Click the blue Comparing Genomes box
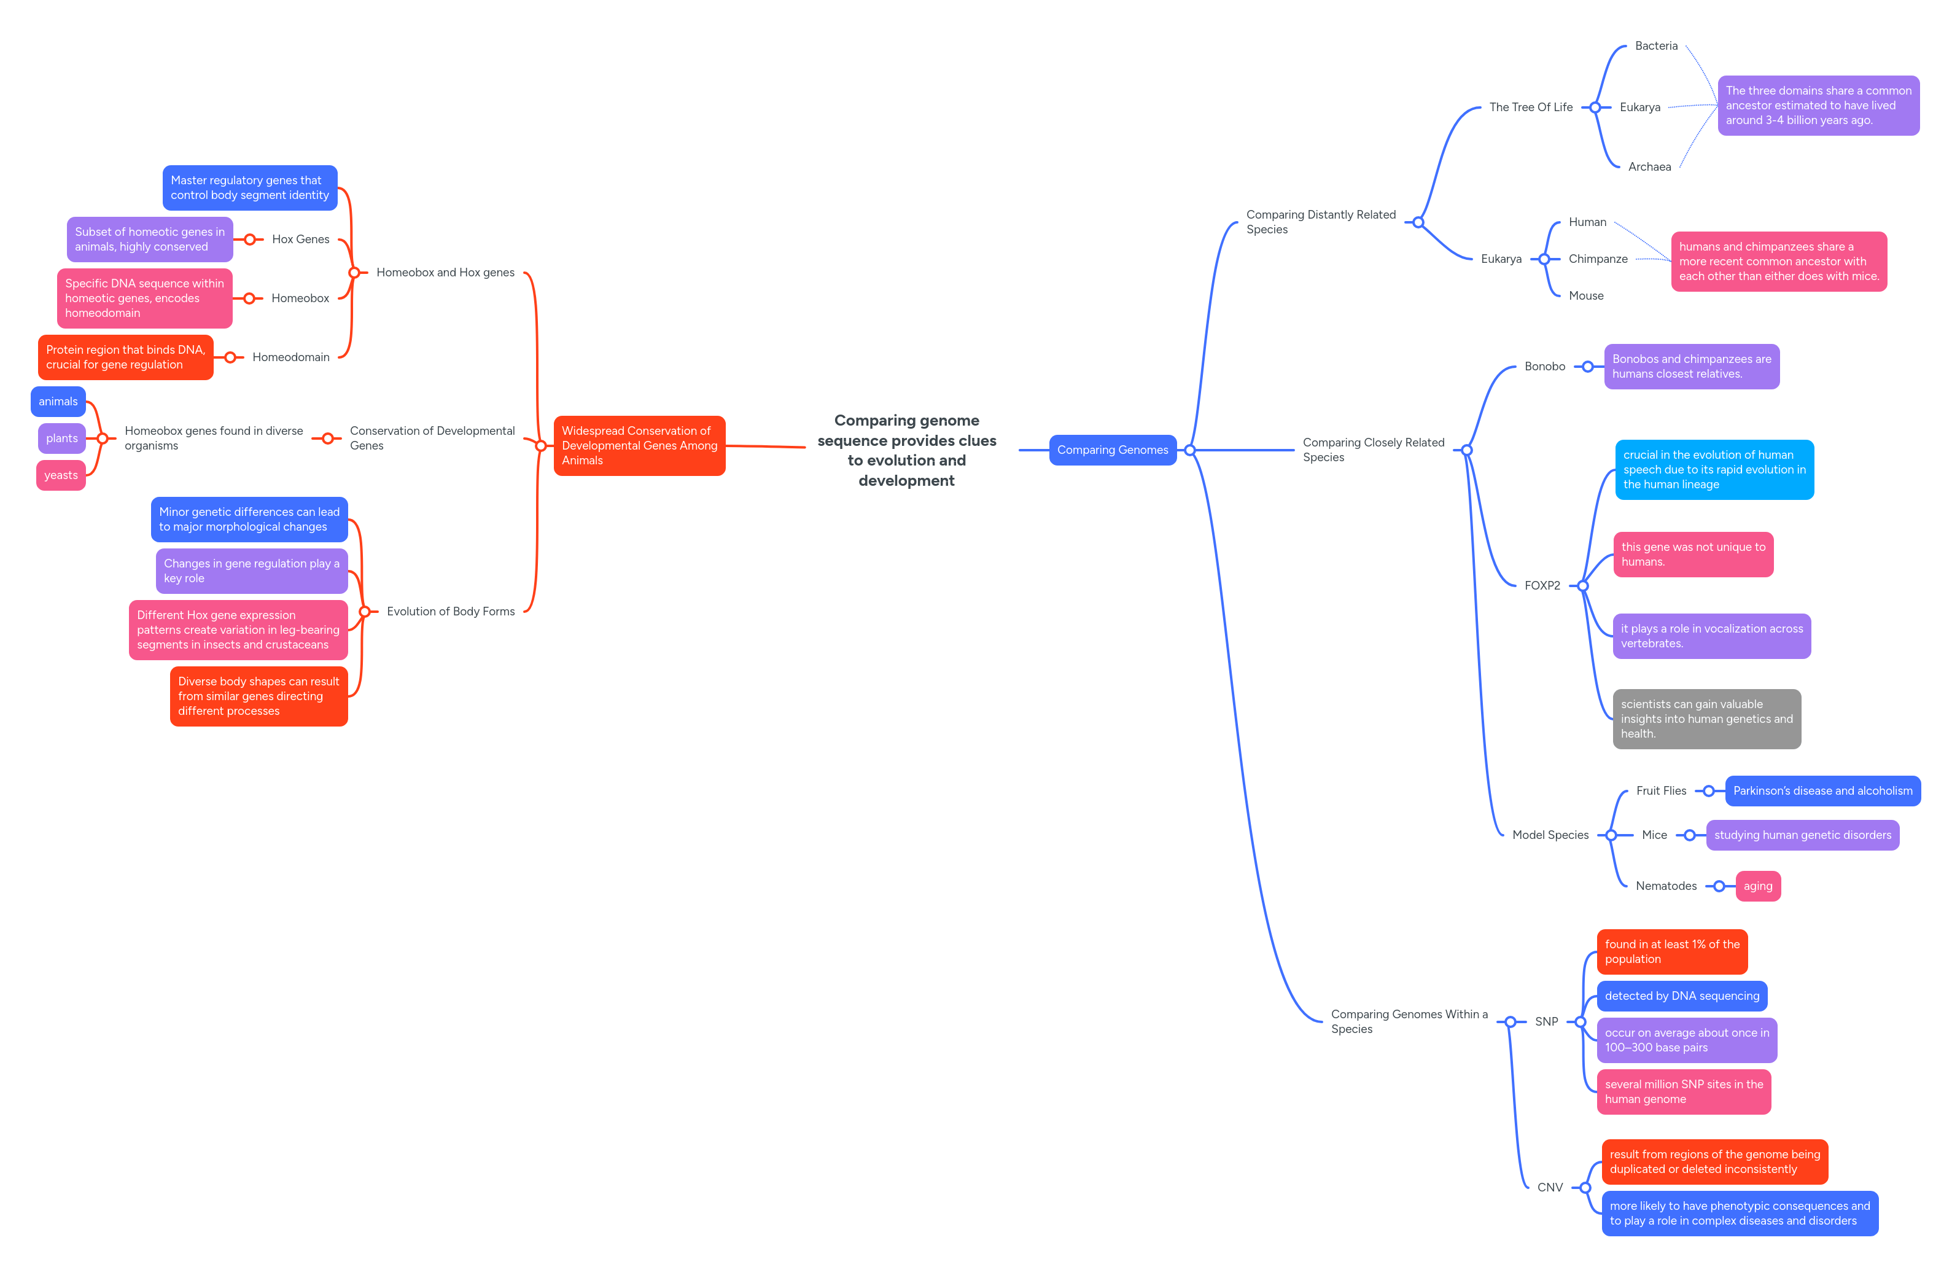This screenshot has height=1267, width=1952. click(x=1112, y=450)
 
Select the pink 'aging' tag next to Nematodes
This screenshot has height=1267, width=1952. click(x=1757, y=886)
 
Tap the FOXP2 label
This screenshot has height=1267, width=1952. click(x=1542, y=586)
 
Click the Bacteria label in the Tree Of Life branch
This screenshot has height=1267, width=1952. click(x=1656, y=46)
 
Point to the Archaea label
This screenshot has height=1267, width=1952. click(x=1649, y=166)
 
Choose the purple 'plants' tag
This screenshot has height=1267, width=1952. click(x=61, y=438)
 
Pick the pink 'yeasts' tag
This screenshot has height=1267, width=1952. click(x=61, y=475)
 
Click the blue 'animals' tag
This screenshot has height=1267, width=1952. click(x=58, y=401)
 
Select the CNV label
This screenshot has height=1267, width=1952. click(x=1549, y=1187)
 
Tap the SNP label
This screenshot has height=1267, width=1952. click(x=1546, y=1021)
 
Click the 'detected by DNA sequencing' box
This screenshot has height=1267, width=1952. click(x=1681, y=996)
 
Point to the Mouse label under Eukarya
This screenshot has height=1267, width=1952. click(x=1585, y=295)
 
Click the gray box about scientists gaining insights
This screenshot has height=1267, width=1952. click(x=1706, y=719)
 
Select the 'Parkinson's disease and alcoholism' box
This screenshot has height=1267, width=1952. click(x=1822, y=791)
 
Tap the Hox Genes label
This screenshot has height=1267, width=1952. click(x=300, y=240)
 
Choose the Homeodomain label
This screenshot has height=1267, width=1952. click(x=290, y=357)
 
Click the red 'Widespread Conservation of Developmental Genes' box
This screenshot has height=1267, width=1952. click(x=639, y=446)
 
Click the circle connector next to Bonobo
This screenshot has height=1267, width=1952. click(x=1588, y=367)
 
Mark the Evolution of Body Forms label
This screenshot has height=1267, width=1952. click(x=450, y=611)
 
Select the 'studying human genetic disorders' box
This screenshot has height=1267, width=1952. click(x=1802, y=835)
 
